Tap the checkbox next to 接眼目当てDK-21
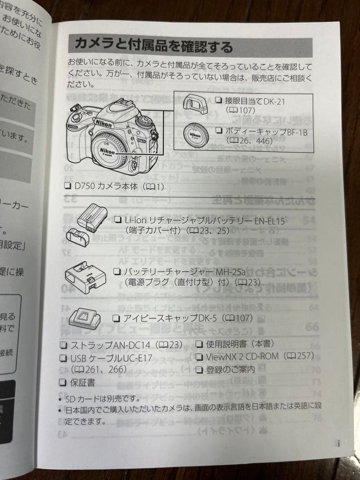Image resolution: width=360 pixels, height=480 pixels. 218,100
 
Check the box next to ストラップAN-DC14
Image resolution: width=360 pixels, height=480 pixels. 64,345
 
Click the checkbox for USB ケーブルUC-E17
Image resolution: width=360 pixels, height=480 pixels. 63,358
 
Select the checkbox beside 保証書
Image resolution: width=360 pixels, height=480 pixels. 63,382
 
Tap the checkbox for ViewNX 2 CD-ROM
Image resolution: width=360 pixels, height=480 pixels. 199,356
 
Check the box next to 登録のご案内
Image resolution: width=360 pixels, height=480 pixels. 199,369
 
